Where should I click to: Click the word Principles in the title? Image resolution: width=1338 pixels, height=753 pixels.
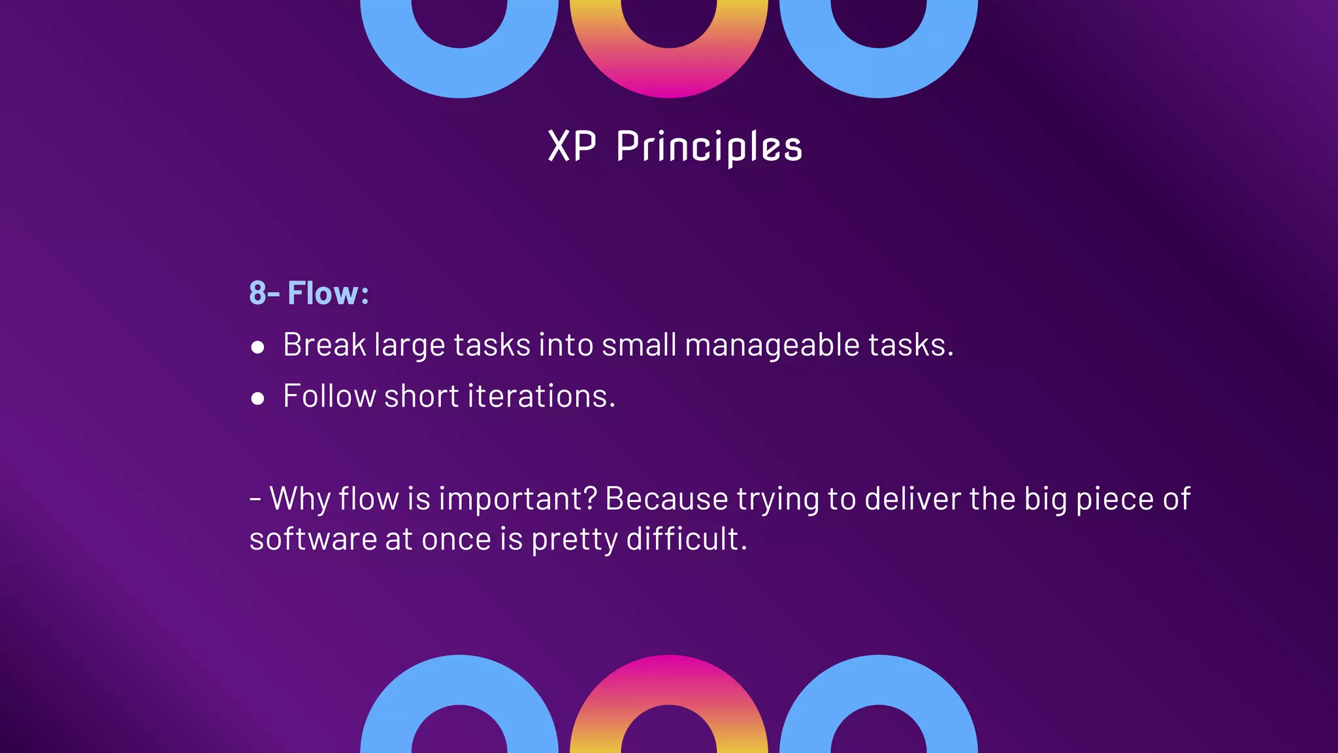click(x=709, y=146)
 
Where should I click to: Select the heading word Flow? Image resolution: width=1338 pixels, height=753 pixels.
click(x=323, y=293)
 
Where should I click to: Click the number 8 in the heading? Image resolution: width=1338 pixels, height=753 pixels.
click(x=257, y=293)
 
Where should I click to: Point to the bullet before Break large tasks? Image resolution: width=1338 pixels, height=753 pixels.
click(x=257, y=347)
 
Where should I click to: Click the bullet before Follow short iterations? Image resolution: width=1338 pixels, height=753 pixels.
click(x=257, y=398)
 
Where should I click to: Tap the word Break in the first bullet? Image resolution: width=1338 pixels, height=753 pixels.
click(x=324, y=344)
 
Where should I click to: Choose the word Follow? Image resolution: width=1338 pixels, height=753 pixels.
click(x=329, y=396)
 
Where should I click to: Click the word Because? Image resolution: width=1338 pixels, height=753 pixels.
click(x=666, y=499)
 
